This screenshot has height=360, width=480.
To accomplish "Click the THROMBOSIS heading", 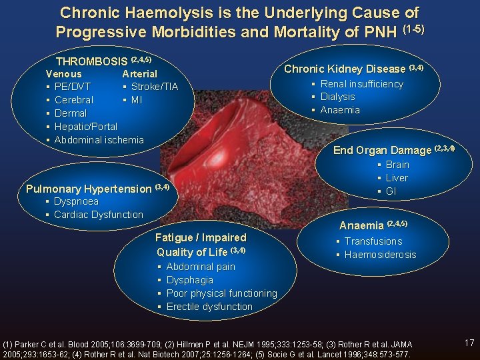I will (91, 61).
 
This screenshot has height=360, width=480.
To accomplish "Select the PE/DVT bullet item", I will (72, 87).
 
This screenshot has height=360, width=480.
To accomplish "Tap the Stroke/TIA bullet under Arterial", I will (154, 87).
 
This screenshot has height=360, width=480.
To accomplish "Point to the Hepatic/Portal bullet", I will (85, 127).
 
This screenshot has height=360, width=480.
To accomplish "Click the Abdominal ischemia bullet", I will (99, 140).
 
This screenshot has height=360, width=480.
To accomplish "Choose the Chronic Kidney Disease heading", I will (345, 69).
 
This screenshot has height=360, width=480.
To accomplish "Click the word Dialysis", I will (337, 97).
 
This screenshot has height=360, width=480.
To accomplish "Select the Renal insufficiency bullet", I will (361, 84).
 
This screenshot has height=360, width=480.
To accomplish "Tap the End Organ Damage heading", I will (383, 150).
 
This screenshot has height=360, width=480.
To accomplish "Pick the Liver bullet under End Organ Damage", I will (397, 178).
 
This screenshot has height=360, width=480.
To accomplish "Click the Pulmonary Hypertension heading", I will (89, 189).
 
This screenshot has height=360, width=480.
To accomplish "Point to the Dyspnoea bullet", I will (76, 201).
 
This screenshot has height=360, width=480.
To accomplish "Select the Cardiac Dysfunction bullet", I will (98, 215).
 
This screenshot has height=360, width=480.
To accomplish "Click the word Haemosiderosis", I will (380, 255).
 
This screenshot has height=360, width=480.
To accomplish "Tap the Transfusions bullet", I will (373, 241).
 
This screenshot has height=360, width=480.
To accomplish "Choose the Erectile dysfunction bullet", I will (209, 307).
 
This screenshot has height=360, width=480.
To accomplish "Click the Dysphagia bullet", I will (189, 280).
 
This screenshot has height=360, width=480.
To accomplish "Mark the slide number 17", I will (469, 343).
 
